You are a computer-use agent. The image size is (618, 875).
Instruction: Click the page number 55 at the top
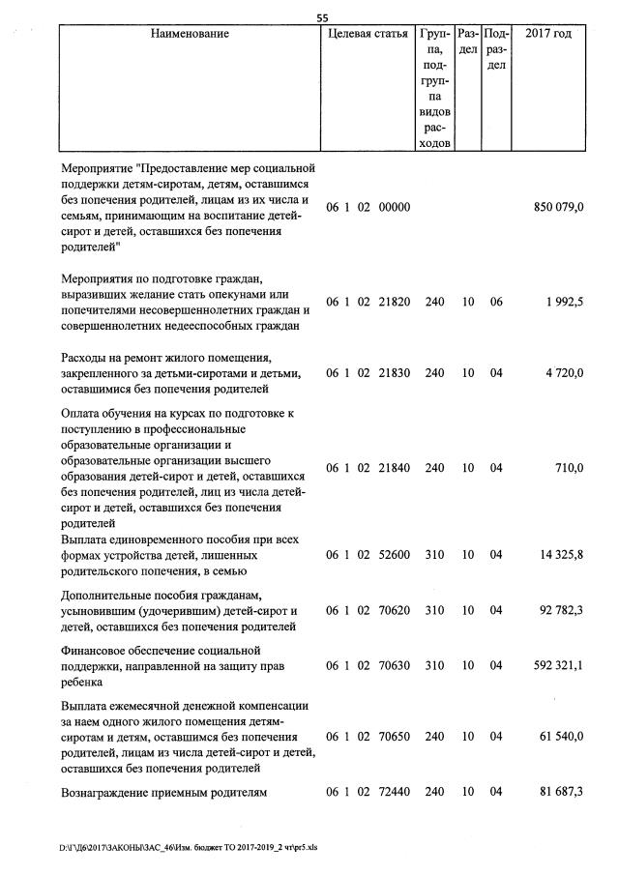pos(323,15)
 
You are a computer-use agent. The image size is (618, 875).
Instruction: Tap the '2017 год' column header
pos(548,34)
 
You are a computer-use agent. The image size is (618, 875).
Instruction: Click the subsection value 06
pos(496,303)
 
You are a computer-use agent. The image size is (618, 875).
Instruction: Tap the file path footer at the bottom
pos(189,847)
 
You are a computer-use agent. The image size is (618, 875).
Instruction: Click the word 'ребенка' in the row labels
pos(83,682)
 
